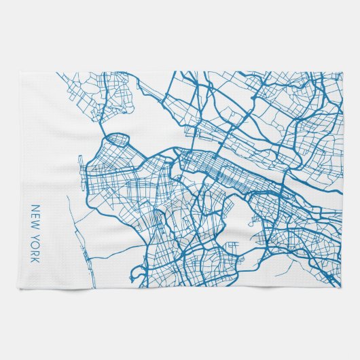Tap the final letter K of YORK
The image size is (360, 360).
tap(36, 260)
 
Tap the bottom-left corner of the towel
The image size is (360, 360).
tap(19, 288)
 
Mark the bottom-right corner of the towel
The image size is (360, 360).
tap(342, 288)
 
